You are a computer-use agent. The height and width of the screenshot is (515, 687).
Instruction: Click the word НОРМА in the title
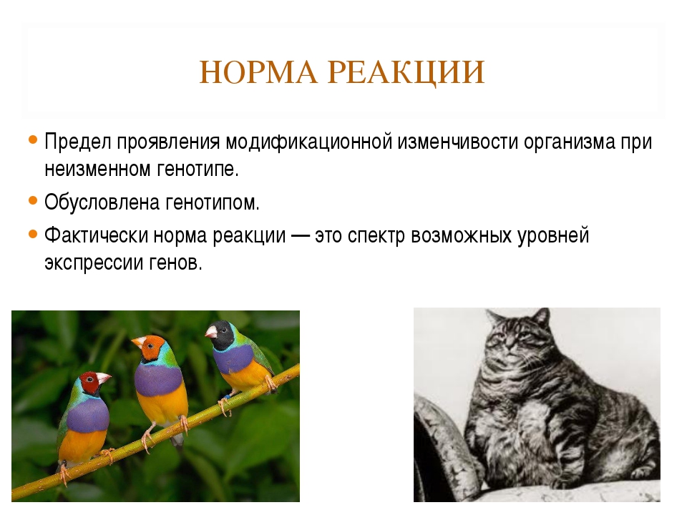click(x=258, y=72)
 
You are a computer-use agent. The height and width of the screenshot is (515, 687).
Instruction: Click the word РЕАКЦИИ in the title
click(x=406, y=73)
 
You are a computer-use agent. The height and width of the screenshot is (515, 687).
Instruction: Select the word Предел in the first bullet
click(x=77, y=142)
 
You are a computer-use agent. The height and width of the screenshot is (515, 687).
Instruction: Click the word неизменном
click(x=92, y=170)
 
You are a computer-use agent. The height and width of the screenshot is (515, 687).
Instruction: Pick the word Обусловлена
click(x=102, y=202)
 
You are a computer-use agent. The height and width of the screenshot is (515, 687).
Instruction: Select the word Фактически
click(x=96, y=235)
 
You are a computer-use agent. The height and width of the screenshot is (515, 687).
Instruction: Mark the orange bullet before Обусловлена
click(x=33, y=200)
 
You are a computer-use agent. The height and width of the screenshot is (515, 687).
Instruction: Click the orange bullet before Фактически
click(x=33, y=234)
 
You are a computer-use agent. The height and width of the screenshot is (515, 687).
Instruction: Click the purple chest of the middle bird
click(x=158, y=380)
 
